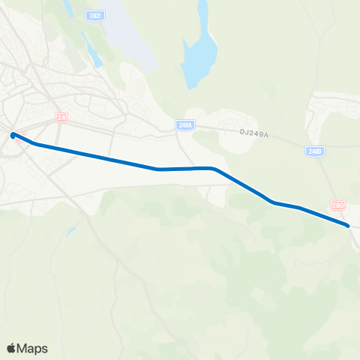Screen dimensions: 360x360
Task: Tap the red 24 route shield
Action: click(x=61, y=117)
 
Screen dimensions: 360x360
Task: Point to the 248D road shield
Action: click(x=315, y=151)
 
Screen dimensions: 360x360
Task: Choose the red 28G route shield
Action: click(x=339, y=205)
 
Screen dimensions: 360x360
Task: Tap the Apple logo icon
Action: click(x=12, y=348)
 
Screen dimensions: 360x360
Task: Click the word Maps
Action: click(x=34, y=348)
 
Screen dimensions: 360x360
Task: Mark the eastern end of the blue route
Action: click(x=347, y=225)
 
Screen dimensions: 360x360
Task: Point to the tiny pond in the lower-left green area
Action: click(x=70, y=232)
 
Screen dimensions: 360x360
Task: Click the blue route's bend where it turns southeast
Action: click(x=214, y=169)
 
